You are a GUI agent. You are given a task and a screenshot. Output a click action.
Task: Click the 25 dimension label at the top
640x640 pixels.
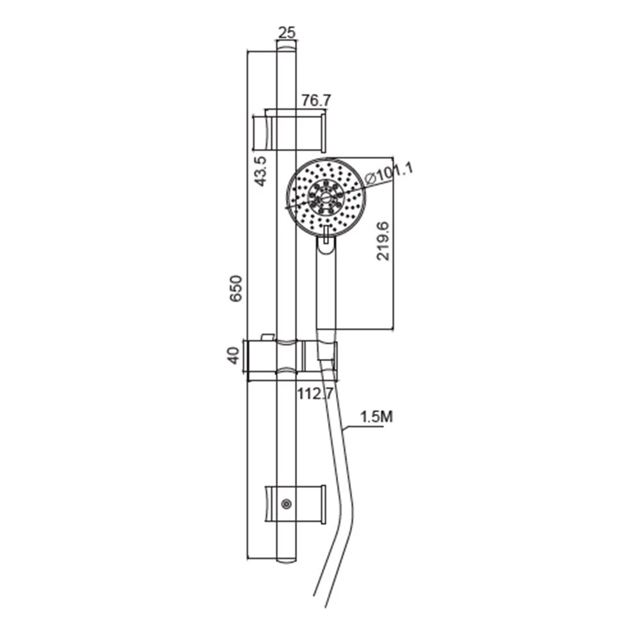287,32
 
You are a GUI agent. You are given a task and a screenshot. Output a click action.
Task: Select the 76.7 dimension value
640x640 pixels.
316,100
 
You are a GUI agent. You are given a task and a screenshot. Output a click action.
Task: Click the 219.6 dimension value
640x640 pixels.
383,242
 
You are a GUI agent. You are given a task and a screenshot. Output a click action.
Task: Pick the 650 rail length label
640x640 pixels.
236,289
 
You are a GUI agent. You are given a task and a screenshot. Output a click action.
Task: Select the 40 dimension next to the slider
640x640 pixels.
233,355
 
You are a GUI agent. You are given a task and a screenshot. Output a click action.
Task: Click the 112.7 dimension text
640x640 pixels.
315,394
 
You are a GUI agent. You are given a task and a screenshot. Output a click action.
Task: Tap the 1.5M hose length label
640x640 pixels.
376,417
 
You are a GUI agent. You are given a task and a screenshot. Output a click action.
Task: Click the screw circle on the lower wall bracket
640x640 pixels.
287,504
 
